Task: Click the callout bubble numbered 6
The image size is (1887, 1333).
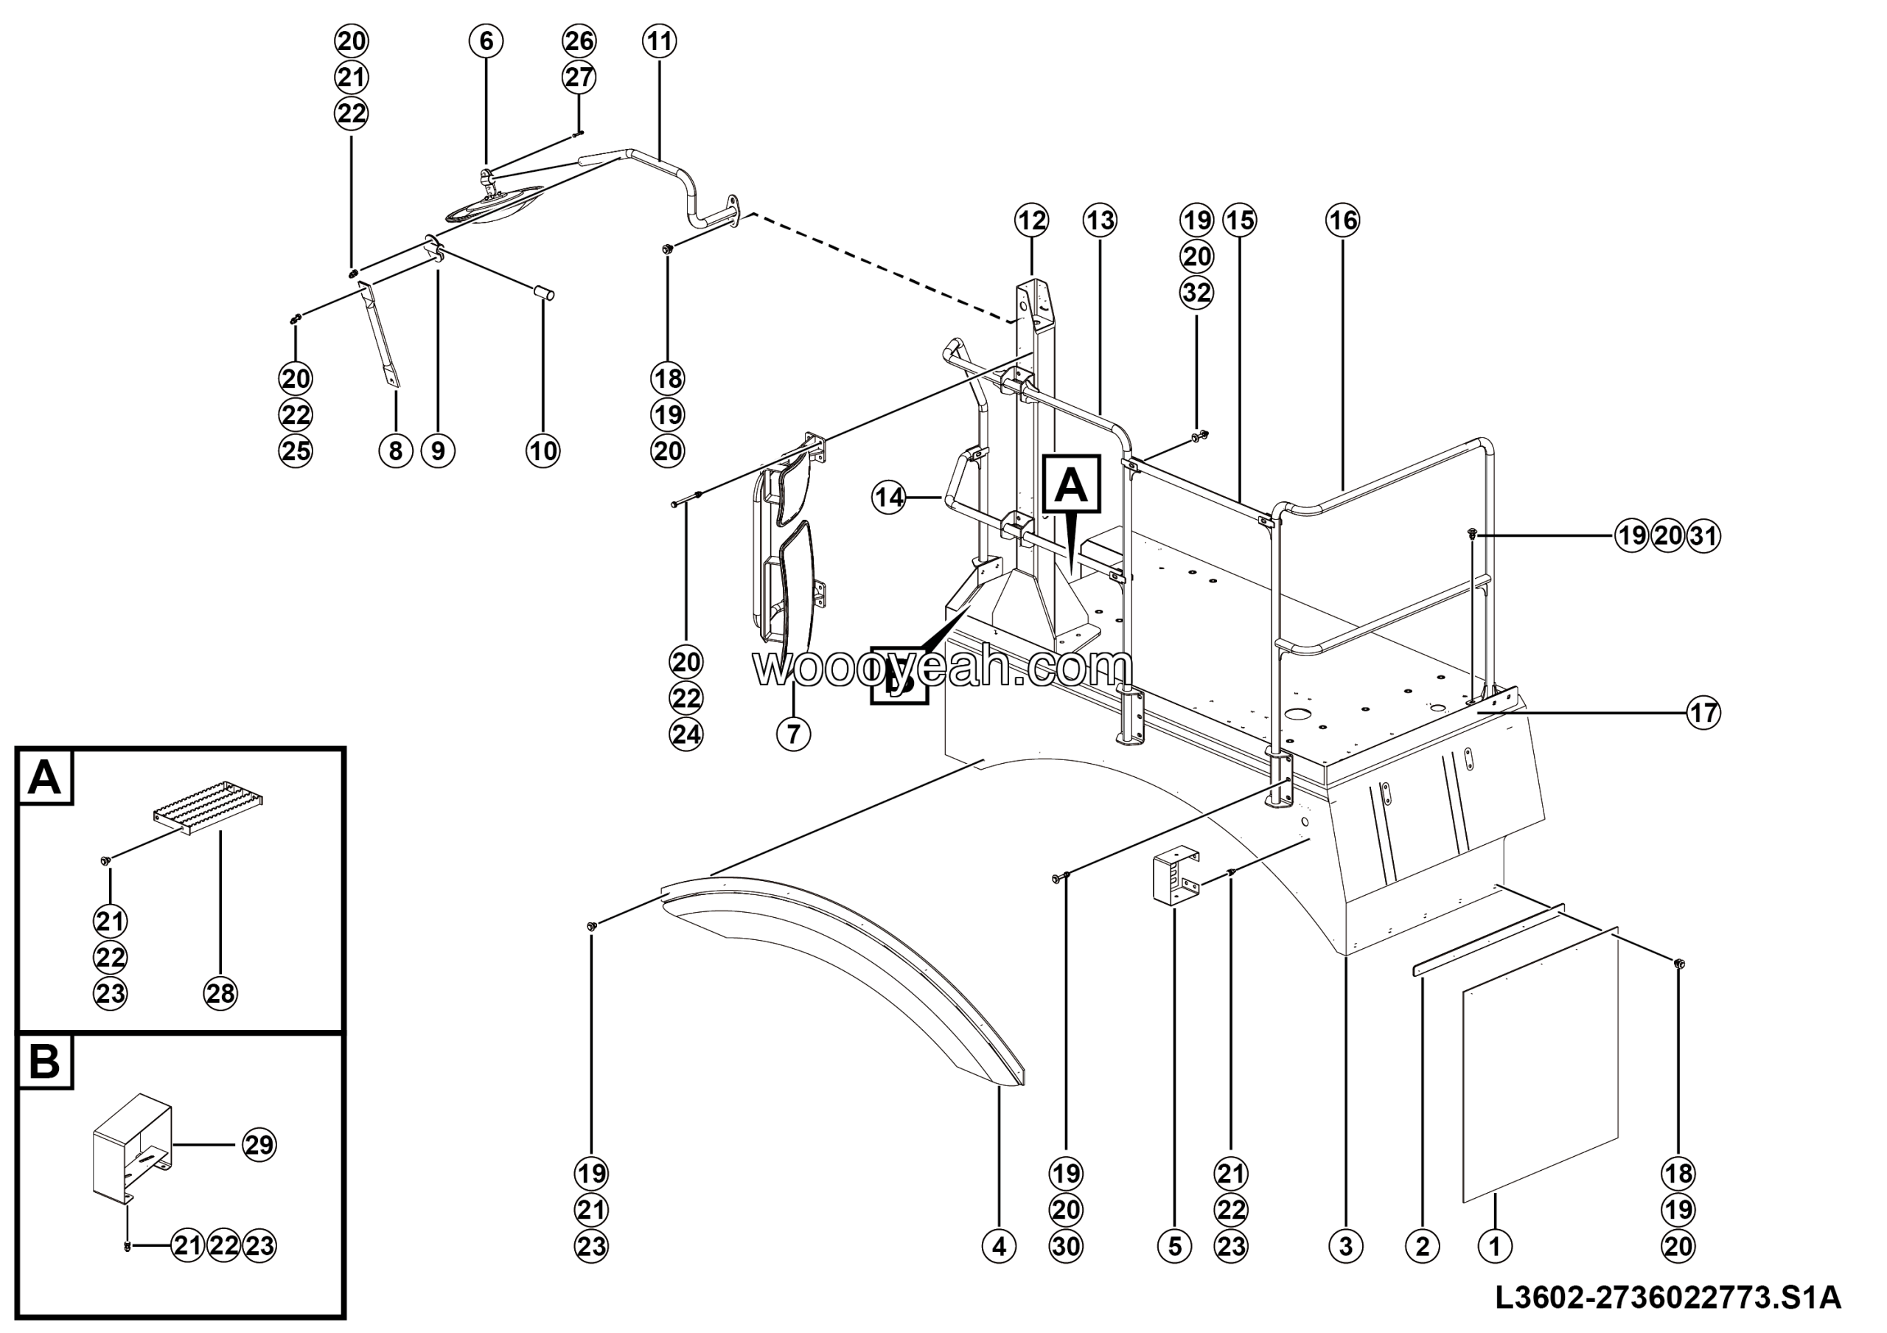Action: [x=486, y=41]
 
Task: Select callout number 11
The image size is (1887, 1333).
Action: [x=660, y=41]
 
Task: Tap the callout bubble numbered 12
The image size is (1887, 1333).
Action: [x=1031, y=220]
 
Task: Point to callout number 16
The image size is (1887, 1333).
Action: [x=1343, y=220]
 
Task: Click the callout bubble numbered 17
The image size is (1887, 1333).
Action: [x=1703, y=711]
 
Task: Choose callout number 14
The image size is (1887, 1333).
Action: [x=889, y=497]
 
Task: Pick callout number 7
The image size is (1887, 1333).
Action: [x=793, y=733]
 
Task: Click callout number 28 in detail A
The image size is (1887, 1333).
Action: [x=221, y=994]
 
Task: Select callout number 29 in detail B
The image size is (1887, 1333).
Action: [x=259, y=1145]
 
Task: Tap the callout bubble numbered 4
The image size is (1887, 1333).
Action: [x=1000, y=1246]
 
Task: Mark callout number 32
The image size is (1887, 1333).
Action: [x=1196, y=293]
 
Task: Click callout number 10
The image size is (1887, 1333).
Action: [x=543, y=450]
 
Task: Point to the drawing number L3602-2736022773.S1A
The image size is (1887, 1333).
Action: [x=1668, y=1299]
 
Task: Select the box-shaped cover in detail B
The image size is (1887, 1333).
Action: [x=131, y=1148]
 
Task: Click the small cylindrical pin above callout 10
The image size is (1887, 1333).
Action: [x=545, y=293]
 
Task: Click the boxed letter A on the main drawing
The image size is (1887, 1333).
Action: [x=1072, y=485]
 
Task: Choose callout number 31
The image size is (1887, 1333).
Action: [x=1703, y=536]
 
